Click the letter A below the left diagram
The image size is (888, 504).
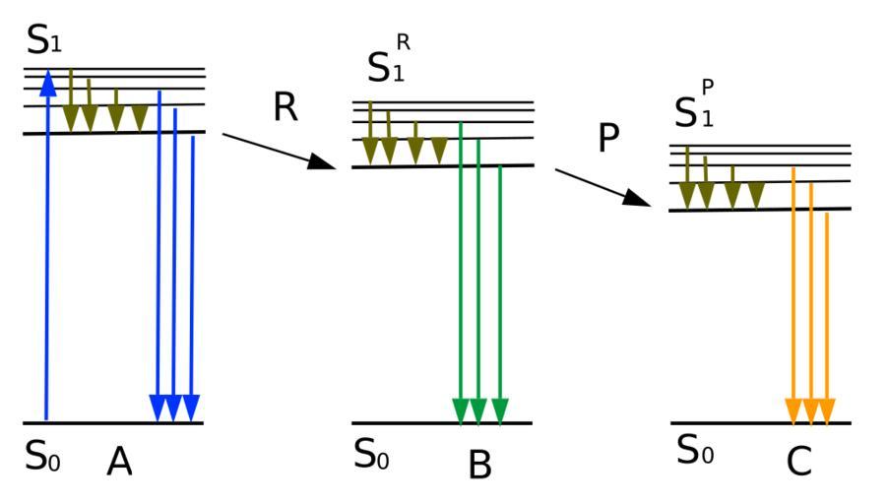[x=119, y=461]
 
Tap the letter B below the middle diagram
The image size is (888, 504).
[x=479, y=465]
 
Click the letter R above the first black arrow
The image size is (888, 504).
[x=285, y=107]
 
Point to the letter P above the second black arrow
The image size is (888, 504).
[x=608, y=140]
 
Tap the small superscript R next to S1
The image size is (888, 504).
[x=403, y=42]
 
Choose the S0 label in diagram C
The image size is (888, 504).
[x=695, y=451]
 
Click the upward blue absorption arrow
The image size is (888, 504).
[x=46, y=246]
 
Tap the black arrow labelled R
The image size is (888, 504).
[x=280, y=151]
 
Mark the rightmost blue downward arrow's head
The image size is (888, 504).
[x=191, y=407]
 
